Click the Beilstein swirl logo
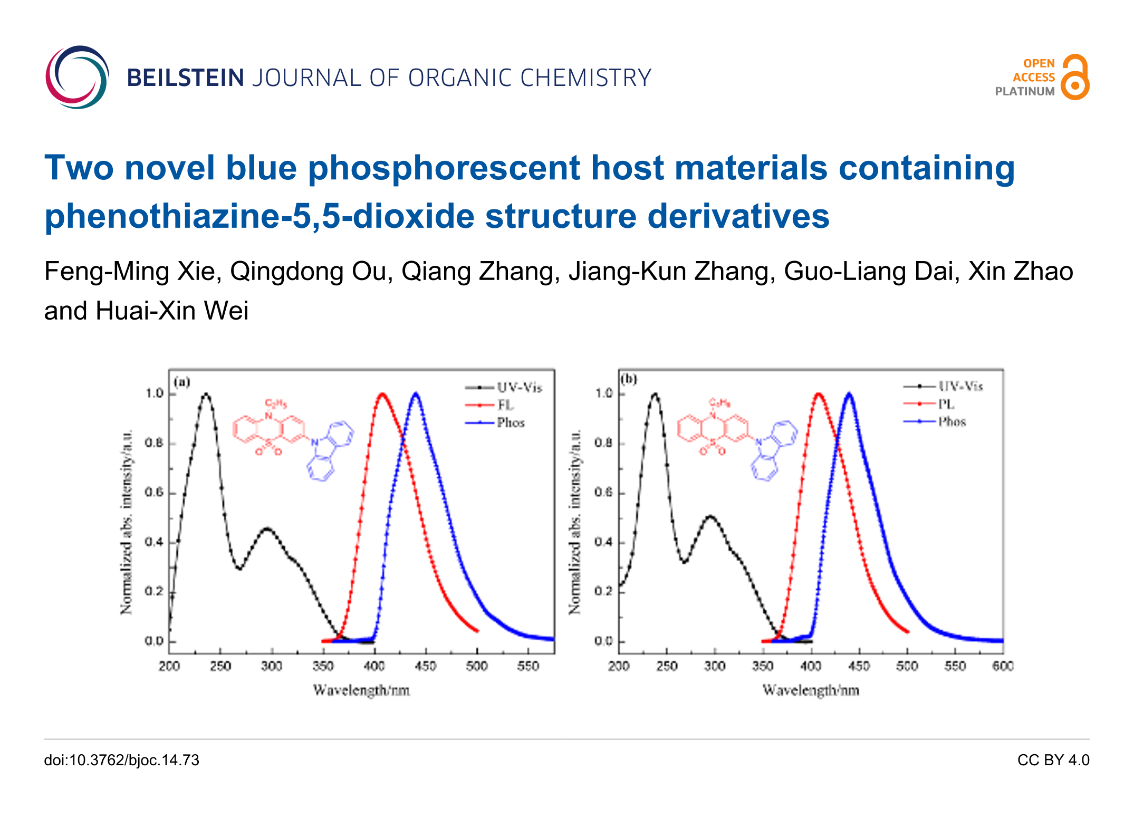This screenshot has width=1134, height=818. (78, 78)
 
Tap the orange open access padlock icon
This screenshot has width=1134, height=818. (1074, 78)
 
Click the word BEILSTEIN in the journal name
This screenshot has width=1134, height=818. (186, 78)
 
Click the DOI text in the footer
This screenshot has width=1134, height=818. (122, 760)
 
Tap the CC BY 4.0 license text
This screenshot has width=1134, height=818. (1053, 760)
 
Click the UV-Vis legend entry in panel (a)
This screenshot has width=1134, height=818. (519, 388)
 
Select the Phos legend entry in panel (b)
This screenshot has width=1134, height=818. (952, 422)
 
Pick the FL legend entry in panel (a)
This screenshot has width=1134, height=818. (505, 405)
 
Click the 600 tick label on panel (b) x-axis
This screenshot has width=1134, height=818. (1002, 667)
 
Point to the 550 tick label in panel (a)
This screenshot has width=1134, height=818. (528, 667)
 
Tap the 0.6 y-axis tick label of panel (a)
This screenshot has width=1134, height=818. (154, 493)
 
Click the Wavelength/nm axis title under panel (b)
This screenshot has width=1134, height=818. (811, 690)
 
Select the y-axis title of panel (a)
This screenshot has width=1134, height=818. (127, 522)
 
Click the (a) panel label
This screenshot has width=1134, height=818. (182, 382)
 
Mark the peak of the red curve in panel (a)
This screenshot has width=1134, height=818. (382, 394)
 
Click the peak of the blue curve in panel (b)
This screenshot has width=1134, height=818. (849, 394)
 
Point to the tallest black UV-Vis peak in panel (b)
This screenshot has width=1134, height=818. (655, 394)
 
